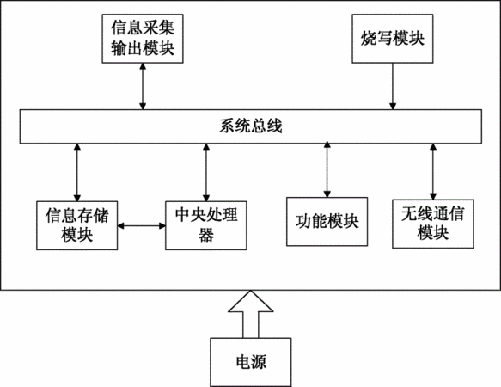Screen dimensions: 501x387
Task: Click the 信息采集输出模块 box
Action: tap(143, 39)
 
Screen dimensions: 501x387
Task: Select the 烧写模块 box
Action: tap(393, 39)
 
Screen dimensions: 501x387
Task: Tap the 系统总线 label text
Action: tap(251, 126)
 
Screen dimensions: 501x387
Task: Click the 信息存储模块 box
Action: tap(77, 225)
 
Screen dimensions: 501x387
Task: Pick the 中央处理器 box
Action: tap(206, 225)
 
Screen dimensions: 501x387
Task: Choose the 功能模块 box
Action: tap(327, 221)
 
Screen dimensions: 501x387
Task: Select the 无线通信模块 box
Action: tap(433, 224)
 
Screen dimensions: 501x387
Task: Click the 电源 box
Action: tap(251, 362)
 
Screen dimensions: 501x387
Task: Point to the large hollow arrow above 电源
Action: tap(251, 314)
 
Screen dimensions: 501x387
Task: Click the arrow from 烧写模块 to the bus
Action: tap(393, 86)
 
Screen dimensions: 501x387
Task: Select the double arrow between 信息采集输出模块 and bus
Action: tap(143, 86)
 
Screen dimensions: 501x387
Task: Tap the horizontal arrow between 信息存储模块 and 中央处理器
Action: tap(142, 226)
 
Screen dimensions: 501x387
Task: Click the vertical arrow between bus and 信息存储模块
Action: tap(77, 172)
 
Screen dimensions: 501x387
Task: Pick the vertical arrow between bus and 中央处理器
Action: tap(206, 172)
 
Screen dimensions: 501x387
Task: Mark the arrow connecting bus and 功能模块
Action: tap(327, 169)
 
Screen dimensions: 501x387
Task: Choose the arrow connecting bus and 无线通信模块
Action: tap(433, 171)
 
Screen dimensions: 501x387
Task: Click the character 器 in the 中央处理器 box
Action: tap(206, 235)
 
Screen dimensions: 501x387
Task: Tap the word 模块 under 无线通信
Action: tap(433, 233)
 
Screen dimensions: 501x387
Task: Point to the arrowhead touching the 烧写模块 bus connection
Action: tap(393, 106)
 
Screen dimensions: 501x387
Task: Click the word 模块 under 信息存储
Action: tap(77, 235)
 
